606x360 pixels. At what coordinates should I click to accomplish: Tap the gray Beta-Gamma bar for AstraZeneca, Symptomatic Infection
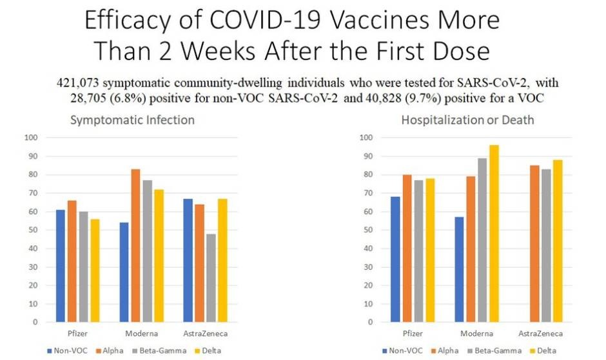[211, 278]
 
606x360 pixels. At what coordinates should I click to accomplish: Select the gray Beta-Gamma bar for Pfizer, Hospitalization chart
[418, 251]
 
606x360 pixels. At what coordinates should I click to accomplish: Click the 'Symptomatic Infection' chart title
[132, 120]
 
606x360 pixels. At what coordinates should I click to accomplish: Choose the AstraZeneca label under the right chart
[541, 334]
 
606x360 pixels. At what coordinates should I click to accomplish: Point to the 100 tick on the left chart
[30, 137]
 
